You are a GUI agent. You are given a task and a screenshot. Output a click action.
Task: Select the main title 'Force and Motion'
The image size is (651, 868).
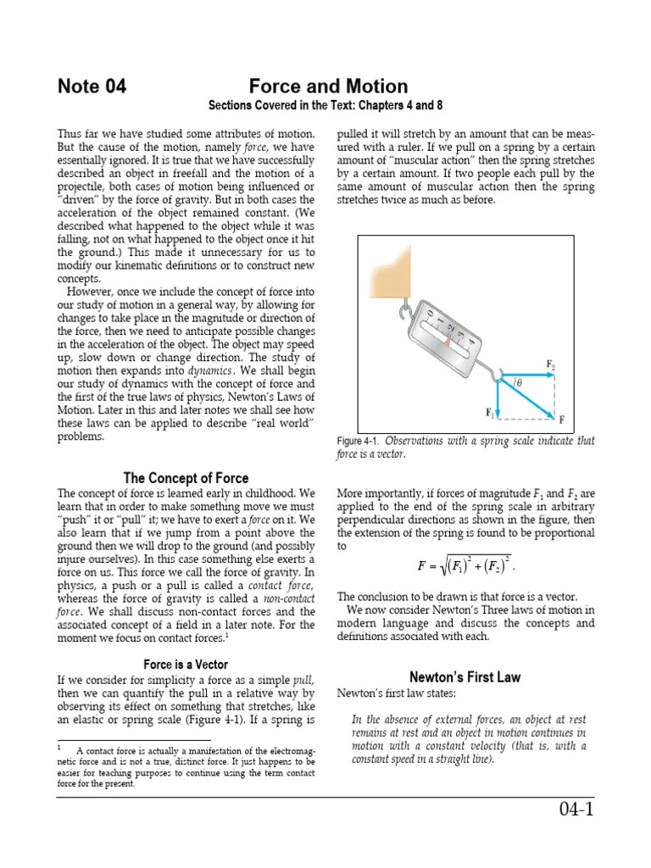328,86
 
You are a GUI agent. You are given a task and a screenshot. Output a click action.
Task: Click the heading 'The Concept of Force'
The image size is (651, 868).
186,478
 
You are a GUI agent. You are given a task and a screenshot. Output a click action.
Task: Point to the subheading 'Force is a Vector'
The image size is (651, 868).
186,665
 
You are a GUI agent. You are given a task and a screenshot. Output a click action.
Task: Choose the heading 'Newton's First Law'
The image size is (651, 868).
465,677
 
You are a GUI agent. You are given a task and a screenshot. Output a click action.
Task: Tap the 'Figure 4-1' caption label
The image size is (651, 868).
357,442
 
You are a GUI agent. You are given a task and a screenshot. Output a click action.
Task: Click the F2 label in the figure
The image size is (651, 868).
551,364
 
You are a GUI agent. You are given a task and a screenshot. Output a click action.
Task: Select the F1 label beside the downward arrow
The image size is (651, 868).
489,413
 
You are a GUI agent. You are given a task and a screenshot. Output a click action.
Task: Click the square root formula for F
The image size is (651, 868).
466,564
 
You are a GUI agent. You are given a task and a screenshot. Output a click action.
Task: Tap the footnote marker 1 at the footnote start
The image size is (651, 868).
60,748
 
